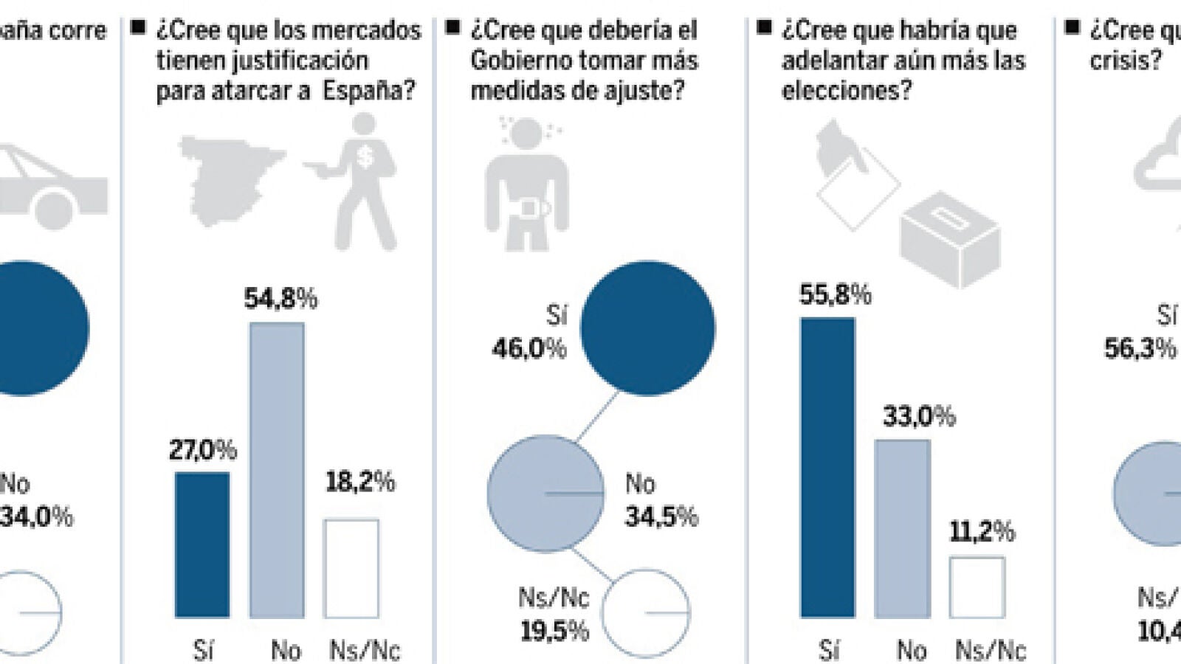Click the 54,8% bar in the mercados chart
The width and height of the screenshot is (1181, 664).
tap(277, 470)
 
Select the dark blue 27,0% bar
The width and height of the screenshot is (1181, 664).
tap(202, 544)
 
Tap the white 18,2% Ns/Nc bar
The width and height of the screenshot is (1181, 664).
tap(351, 568)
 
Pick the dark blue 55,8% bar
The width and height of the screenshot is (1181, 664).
tap(827, 467)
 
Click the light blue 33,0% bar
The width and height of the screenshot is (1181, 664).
tap(902, 528)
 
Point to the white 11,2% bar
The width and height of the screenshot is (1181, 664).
tap(977, 587)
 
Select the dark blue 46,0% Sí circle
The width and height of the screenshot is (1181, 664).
tap(647, 328)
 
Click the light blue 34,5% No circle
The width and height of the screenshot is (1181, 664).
tap(545, 493)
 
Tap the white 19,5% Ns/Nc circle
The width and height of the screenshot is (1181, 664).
tap(645, 612)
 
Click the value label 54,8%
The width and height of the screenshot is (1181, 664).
tap(280, 299)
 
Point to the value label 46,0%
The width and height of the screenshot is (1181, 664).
tap(529, 348)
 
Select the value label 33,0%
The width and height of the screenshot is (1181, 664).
tap(919, 417)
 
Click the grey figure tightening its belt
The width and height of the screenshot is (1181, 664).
tap(526, 184)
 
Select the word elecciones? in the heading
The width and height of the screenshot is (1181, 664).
tap(846, 91)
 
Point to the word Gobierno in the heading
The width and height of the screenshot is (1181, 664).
tap(521, 60)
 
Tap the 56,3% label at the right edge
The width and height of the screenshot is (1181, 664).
tap(1140, 348)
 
